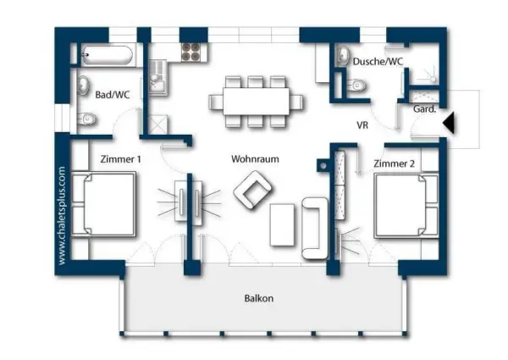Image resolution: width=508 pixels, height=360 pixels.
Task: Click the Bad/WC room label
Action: click(x=113, y=94)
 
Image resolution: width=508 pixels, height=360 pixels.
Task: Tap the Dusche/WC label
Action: click(x=378, y=62)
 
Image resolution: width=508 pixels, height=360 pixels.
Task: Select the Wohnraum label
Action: click(x=255, y=158)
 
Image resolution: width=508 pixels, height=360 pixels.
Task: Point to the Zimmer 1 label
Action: click(x=120, y=158)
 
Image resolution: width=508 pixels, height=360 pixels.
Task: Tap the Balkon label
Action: click(x=259, y=298)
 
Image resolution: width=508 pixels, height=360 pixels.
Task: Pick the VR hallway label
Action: click(x=362, y=125)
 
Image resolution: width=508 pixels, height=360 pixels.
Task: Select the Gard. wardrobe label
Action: click(x=423, y=110)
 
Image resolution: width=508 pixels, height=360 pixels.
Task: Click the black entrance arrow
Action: click(x=450, y=124)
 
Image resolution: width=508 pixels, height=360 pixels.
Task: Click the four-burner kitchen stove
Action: click(x=191, y=52)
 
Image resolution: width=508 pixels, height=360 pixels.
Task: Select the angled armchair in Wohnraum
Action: click(x=251, y=190)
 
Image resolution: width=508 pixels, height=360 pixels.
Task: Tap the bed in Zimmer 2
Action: click(x=405, y=205)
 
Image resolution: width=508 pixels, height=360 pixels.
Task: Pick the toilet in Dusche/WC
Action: click(x=356, y=86)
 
